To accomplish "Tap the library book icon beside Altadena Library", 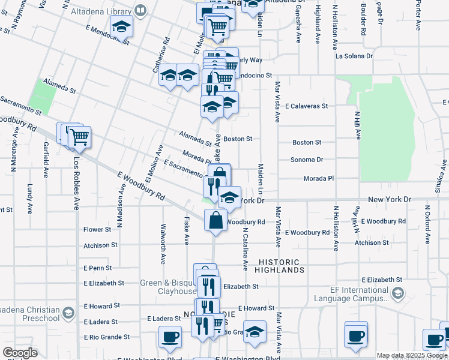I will point(140,10).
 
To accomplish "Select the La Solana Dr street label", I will point(354,56).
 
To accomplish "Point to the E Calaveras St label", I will point(306,106).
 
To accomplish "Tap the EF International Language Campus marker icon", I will point(397,293).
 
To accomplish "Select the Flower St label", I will point(97,229).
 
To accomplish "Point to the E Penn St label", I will point(98,268).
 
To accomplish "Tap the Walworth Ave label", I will point(163,244).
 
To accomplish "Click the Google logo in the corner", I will point(20,353).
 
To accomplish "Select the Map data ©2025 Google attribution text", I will point(412,355).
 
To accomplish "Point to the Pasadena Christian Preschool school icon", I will point(68,314).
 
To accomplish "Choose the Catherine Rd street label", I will point(161,56).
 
